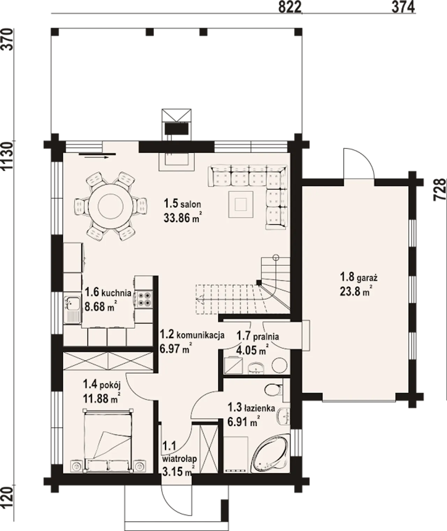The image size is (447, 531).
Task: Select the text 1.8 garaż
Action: (358, 277)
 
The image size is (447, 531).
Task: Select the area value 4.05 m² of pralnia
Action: (252, 351)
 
